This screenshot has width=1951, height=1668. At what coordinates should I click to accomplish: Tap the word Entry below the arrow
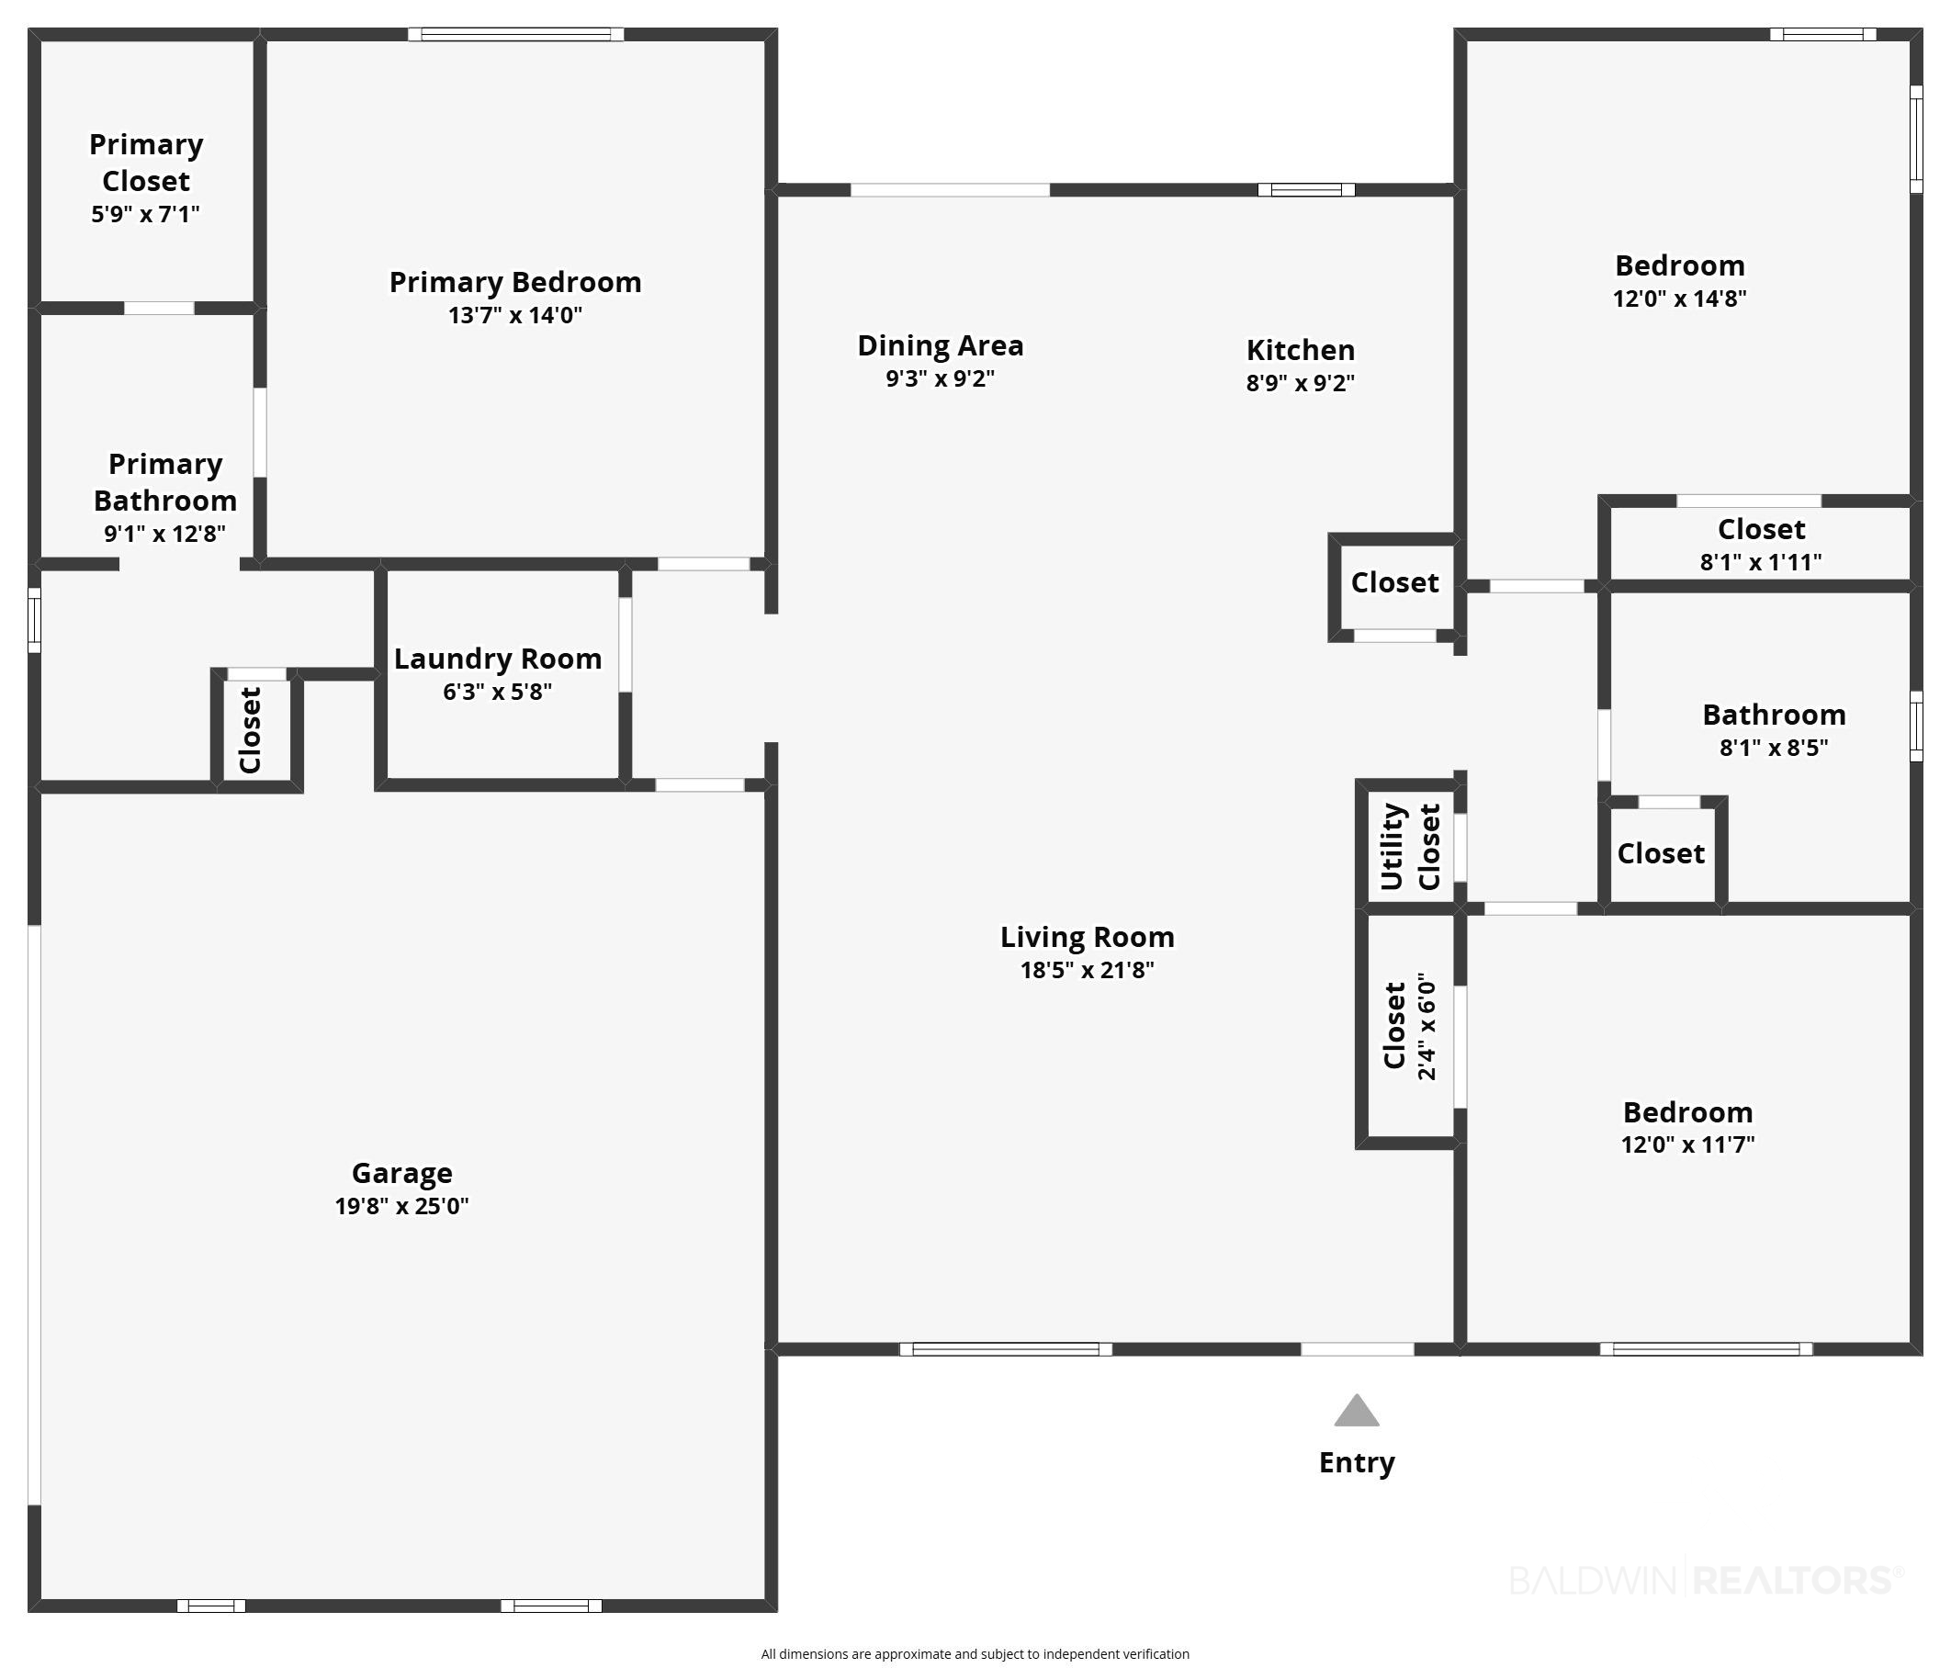[1356, 1462]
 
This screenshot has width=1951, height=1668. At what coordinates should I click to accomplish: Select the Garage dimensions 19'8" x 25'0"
[402, 1206]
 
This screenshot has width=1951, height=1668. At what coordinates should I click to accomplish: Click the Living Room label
[1088, 937]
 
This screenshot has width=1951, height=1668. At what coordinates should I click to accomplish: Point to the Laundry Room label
[498, 659]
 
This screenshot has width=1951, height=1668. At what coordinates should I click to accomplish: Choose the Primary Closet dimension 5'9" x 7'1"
[146, 214]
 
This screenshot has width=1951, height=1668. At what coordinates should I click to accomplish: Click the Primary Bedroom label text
[515, 282]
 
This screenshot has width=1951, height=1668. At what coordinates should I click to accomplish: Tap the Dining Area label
[941, 345]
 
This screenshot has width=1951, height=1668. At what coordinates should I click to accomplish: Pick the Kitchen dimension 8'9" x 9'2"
[1301, 383]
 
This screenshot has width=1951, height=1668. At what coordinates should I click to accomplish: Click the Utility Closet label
[1410, 846]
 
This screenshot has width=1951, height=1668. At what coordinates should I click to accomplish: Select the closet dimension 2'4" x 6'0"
[1427, 1026]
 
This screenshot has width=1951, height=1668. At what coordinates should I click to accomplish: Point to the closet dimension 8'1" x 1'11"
[1761, 562]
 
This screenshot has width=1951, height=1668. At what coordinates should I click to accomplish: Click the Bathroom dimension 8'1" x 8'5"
[1774, 748]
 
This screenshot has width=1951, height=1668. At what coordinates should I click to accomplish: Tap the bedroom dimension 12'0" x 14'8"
[1680, 299]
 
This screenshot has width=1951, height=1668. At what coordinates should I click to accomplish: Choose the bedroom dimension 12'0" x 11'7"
[1687, 1144]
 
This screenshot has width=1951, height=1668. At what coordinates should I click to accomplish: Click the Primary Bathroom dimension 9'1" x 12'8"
[164, 534]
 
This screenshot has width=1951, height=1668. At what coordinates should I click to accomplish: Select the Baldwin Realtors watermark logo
[1707, 1580]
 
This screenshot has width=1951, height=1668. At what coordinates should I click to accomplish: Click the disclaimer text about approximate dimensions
[975, 1654]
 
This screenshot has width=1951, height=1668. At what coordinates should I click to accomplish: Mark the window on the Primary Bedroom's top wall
[516, 35]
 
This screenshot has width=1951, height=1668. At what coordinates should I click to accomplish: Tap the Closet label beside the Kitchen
[1394, 582]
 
